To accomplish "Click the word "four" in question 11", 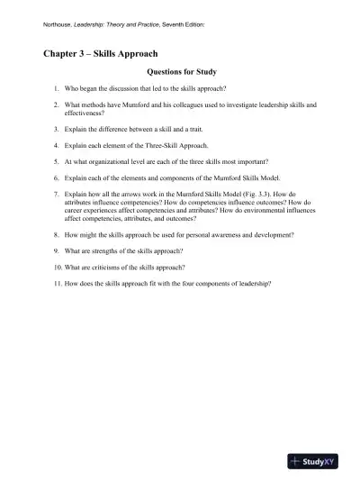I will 193,285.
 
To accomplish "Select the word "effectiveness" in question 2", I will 86,115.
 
